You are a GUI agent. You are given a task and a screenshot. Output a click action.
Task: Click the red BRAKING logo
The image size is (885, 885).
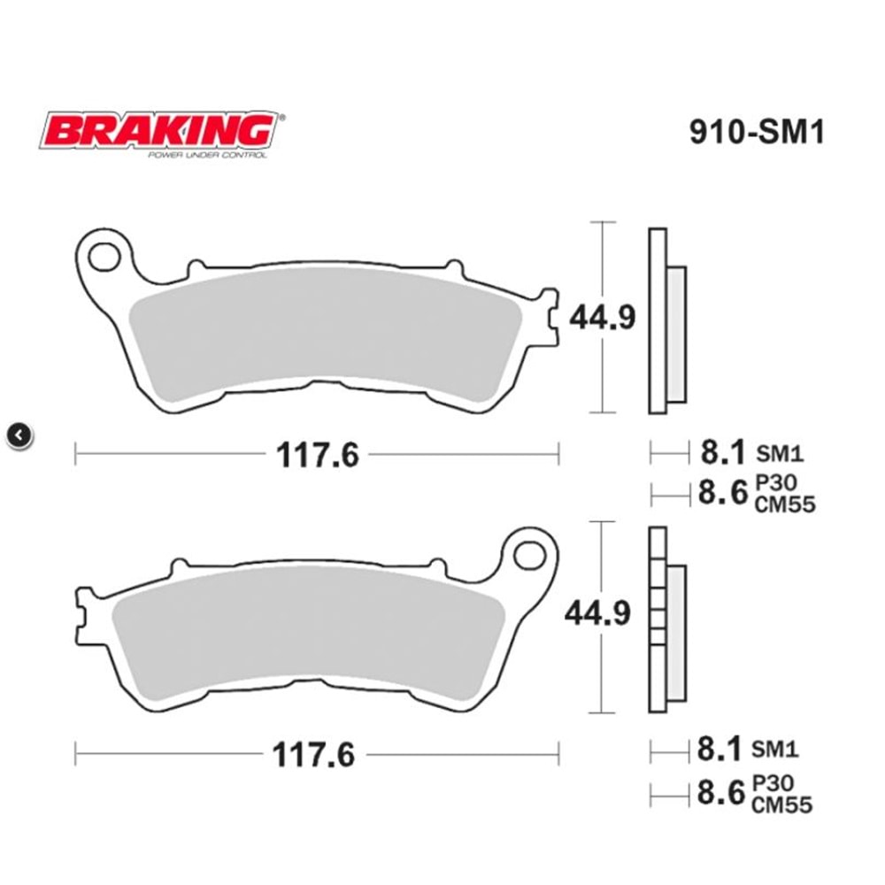click(158, 131)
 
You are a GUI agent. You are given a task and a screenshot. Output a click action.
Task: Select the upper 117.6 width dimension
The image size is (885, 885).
click(317, 455)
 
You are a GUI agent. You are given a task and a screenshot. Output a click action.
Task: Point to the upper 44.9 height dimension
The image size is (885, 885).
click(602, 317)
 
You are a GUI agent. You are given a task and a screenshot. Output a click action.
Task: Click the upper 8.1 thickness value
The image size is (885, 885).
click(720, 453)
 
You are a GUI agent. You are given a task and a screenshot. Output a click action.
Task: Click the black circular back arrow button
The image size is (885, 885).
click(20, 435)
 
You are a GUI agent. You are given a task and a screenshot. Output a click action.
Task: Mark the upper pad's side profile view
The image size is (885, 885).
click(666, 320)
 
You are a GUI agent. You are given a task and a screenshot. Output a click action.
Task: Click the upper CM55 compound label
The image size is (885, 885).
click(783, 504)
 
